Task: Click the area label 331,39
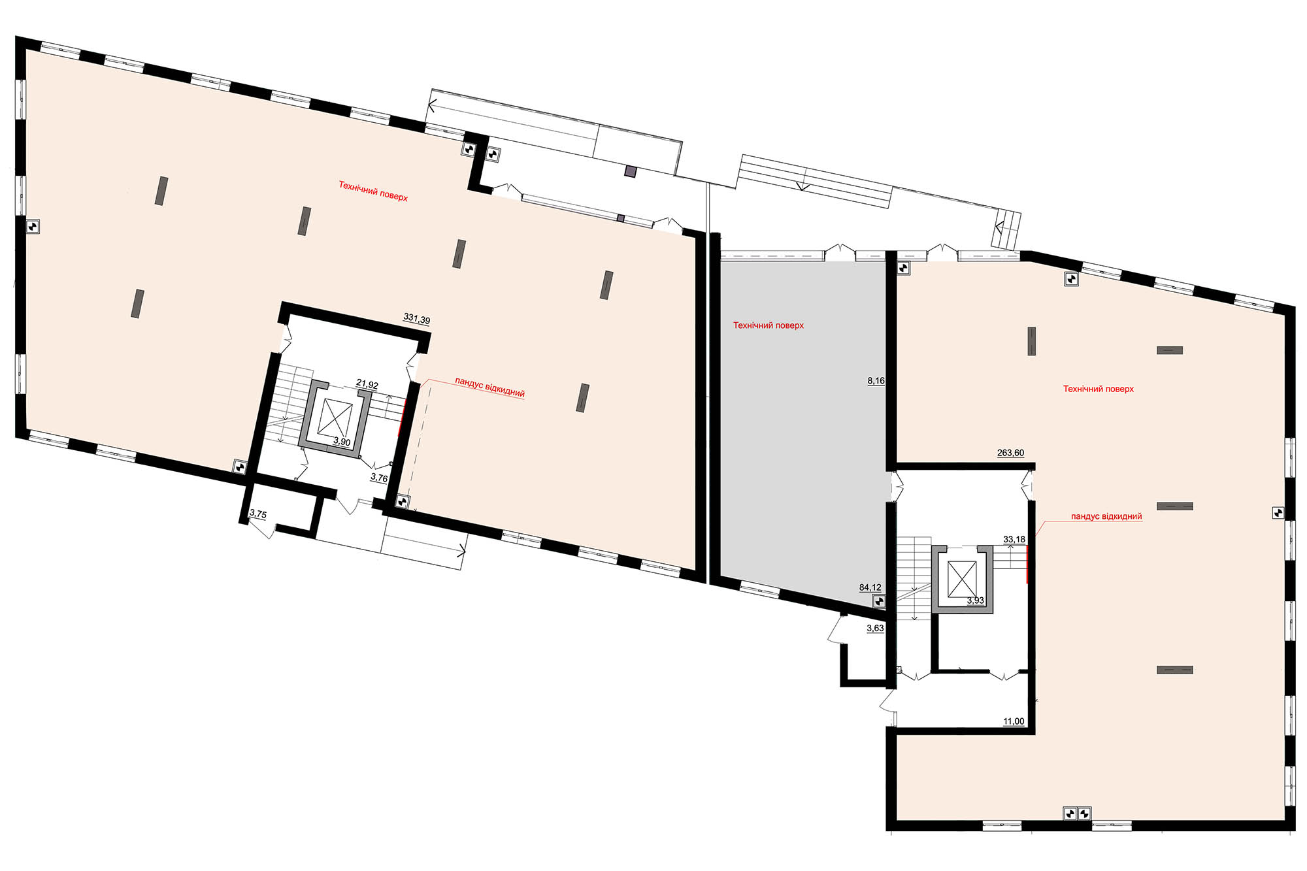point(417,320)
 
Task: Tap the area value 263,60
point(1010,453)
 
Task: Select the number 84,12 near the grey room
point(870,587)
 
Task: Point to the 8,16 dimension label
point(876,380)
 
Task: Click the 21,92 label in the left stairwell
point(367,385)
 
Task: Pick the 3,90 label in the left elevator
point(342,442)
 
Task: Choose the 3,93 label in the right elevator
point(975,600)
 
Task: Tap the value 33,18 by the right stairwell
point(1014,539)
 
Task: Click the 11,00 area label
point(1014,721)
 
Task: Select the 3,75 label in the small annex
point(258,514)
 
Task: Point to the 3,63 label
point(875,628)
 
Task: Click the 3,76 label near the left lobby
point(379,478)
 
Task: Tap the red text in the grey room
point(769,325)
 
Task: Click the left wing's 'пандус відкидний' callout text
point(490,387)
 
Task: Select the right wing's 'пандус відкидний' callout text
point(1106,516)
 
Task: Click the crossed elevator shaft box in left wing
point(335,418)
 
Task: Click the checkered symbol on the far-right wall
point(1278,513)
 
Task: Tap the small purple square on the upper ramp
point(630,172)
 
